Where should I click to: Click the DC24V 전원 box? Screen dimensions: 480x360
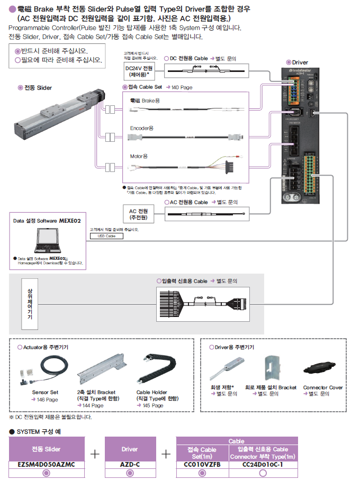[x=139, y=71]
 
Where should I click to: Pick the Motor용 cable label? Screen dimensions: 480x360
[x=139, y=156]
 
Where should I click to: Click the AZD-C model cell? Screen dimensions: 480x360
[x=130, y=464]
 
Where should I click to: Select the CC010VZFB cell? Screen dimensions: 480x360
[x=201, y=464]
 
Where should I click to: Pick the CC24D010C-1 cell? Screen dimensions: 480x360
[x=263, y=464]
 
